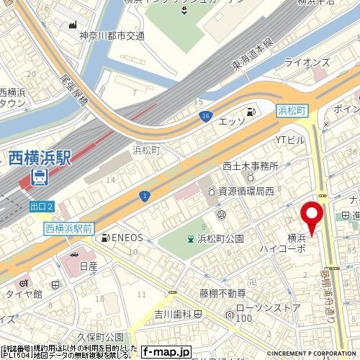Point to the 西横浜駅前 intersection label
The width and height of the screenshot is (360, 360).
pyautogui.click(x=69, y=227)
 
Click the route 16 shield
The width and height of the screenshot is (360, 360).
pyautogui.click(x=207, y=115)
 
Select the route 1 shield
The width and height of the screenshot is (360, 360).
pyautogui.click(x=145, y=195)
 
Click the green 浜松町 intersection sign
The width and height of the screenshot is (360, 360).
pyautogui.click(x=292, y=109)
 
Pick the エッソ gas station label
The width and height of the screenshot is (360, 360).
pyautogui.click(x=233, y=120)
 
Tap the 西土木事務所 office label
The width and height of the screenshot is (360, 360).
pyautogui.click(x=250, y=165)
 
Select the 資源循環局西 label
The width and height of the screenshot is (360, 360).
pyautogui.click(x=245, y=192)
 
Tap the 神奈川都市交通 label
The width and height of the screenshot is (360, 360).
pyautogui.click(x=112, y=35)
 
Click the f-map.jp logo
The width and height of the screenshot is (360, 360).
pyautogui.click(x=166, y=352)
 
